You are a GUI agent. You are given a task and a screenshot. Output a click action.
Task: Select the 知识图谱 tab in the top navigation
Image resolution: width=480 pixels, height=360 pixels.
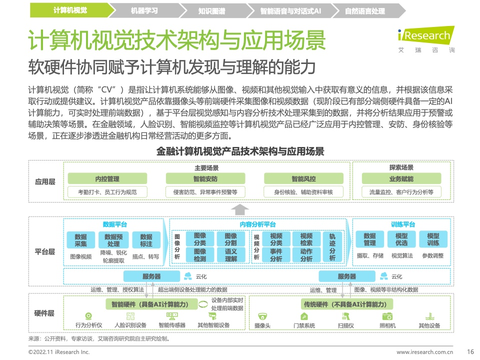pyautogui.click(x=211, y=10)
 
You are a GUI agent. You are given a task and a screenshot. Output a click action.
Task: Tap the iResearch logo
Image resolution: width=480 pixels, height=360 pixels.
pyautogui.click(x=426, y=40)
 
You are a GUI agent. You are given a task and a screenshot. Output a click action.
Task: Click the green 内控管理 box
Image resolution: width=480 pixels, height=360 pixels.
pyautogui.click(x=107, y=179)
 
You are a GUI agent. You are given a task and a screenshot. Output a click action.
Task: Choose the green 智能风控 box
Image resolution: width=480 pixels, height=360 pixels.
pyautogui.click(x=303, y=179)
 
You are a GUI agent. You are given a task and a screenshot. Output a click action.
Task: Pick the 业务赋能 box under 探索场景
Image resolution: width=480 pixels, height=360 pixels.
pyautogui.click(x=401, y=179)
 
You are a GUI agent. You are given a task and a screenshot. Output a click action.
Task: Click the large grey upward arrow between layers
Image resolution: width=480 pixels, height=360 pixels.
pyautogui.click(x=239, y=210)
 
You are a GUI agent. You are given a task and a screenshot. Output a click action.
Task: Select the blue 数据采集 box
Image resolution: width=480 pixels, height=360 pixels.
pyautogui.click(x=81, y=240)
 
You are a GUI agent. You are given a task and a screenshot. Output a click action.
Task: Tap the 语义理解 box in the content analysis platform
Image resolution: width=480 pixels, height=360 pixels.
pyautogui.click(x=231, y=255)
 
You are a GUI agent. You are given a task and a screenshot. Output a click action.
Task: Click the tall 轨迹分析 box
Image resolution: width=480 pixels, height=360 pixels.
pyautogui.click(x=332, y=247)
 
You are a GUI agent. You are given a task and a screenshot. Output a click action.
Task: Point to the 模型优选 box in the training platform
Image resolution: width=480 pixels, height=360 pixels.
pyautogui.click(x=401, y=239)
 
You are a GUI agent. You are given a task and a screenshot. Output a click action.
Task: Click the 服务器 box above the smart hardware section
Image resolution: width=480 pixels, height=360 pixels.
pyautogui.click(x=151, y=276)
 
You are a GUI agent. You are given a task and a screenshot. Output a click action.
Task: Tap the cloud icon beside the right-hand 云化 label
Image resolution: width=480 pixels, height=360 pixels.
pyautogui.click(x=384, y=276)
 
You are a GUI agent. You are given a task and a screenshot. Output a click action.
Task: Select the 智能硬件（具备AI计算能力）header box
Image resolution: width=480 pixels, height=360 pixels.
pyautogui.click(x=151, y=304)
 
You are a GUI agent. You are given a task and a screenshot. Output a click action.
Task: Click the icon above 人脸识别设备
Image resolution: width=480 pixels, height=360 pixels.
pyautogui.click(x=130, y=316)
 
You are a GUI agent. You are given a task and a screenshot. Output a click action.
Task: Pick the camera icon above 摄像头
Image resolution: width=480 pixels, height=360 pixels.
pyautogui.click(x=262, y=316)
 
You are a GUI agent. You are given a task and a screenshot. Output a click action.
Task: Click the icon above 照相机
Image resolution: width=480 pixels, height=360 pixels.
pyautogui.click(x=387, y=316)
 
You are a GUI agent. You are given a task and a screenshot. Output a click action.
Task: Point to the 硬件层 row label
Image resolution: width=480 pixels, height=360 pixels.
pyautogui.click(x=44, y=313)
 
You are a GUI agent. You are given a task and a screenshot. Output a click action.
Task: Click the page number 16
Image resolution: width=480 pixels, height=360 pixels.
pyautogui.click(x=470, y=351)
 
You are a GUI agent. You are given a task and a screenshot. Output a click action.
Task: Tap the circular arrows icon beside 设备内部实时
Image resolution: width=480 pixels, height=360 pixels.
pyautogui.click(x=203, y=304)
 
